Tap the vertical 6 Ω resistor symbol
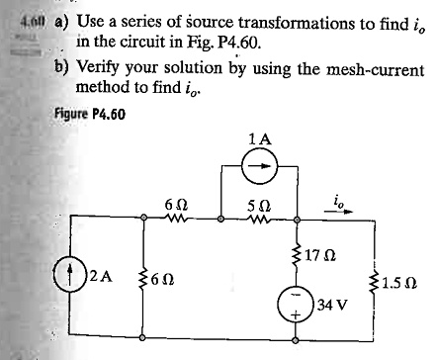(x=144, y=279)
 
